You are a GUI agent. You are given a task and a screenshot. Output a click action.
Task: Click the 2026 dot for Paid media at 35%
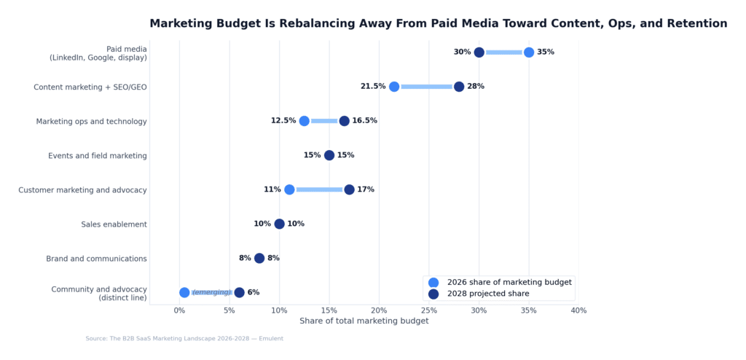click(x=529, y=52)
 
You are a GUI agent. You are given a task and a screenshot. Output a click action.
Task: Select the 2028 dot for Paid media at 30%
click(x=479, y=52)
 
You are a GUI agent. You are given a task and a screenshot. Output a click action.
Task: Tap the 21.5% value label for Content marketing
click(x=373, y=87)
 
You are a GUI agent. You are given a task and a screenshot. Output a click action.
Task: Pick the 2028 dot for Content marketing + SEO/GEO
click(x=459, y=87)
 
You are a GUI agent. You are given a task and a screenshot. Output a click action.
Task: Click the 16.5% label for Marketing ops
click(x=364, y=121)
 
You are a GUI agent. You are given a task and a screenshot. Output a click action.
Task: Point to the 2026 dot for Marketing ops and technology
click(x=304, y=121)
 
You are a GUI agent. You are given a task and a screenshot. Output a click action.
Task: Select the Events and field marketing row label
click(x=98, y=156)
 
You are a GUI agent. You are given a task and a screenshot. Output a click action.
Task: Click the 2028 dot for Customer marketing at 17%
click(x=349, y=189)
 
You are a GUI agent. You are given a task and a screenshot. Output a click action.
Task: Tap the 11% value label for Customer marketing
click(x=272, y=189)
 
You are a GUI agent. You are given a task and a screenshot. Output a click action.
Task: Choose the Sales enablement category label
click(x=114, y=224)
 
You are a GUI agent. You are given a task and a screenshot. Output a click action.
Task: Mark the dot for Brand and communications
click(x=259, y=258)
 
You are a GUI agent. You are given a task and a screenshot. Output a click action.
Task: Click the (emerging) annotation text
click(x=211, y=293)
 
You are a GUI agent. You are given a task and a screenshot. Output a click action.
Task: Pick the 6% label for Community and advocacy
click(x=254, y=293)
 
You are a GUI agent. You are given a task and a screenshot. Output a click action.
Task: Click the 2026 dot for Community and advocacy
click(x=184, y=293)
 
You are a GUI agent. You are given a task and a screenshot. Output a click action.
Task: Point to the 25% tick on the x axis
click(x=429, y=311)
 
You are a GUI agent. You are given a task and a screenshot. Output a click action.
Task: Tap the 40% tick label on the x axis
click(x=578, y=311)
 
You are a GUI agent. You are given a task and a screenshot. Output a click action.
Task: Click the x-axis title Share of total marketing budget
click(x=364, y=321)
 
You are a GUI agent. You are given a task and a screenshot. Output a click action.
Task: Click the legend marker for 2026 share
click(x=434, y=282)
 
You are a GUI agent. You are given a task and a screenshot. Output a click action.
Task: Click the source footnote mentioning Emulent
click(x=184, y=339)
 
